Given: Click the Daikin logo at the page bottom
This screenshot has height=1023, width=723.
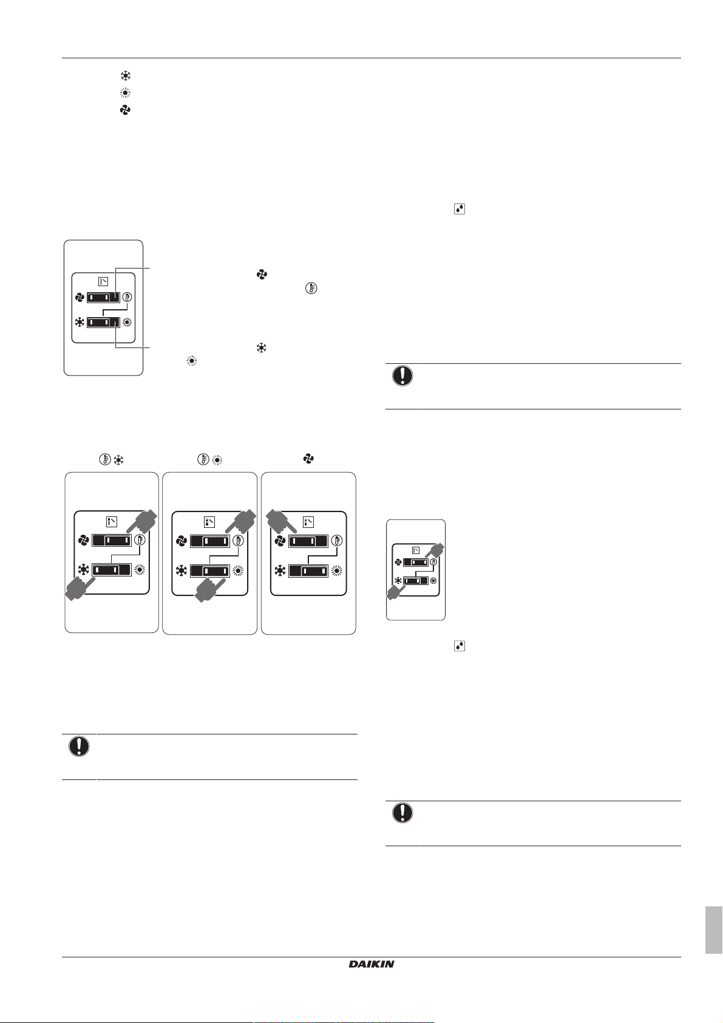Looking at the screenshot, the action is (x=371, y=964).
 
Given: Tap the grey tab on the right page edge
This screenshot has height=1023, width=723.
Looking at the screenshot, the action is (x=713, y=930).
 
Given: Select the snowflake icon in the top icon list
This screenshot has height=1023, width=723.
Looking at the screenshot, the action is (x=126, y=76).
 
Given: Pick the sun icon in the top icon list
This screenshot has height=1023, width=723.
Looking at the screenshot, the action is (x=126, y=93).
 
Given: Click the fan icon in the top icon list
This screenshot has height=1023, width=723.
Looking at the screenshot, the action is (x=126, y=110).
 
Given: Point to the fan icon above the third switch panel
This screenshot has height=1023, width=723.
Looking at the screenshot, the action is (x=308, y=459).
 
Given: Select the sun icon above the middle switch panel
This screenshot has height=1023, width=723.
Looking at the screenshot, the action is (x=217, y=459).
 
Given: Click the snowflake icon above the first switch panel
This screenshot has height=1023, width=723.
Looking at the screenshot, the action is (x=118, y=459).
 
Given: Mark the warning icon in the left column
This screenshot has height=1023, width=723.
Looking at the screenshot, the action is (x=79, y=746).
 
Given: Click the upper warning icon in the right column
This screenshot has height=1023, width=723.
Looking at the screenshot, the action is (x=402, y=376).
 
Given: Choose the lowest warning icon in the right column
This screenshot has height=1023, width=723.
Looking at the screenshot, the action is (x=402, y=813).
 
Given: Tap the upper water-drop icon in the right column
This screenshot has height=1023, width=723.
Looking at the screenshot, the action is (x=459, y=209).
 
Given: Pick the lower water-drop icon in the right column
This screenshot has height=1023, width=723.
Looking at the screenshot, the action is (x=459, y=646).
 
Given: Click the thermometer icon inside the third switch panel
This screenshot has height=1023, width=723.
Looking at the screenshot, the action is (x=337, y=541).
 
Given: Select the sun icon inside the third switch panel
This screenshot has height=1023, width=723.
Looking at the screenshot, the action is (x=337, y=571).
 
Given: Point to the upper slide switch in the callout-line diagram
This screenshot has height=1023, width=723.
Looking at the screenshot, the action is (x=104, y=297).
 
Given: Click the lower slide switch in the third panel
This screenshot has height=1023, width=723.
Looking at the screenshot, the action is (x=308, y=571).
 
